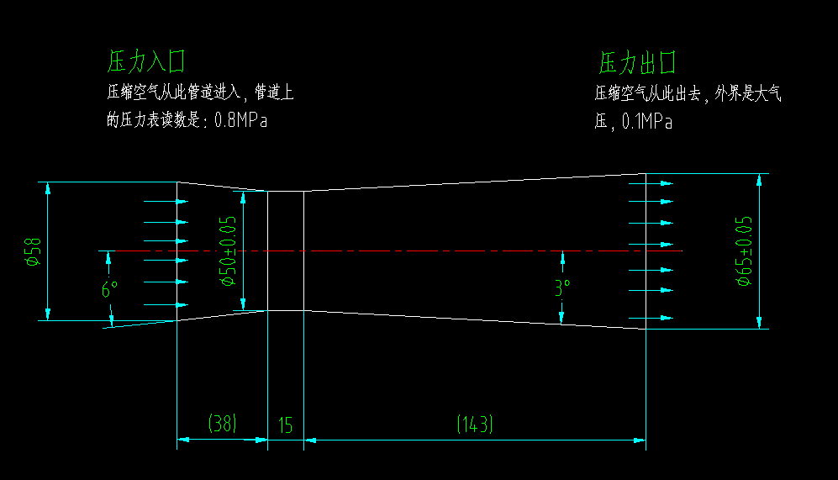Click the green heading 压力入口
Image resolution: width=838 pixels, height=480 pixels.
click(x=145, y=61)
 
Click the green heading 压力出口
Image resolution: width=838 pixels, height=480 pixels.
click(x=637, y=62)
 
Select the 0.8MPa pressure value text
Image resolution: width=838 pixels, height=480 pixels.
click(x=240, y=119)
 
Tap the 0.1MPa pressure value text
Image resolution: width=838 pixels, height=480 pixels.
click(x=646, y=122)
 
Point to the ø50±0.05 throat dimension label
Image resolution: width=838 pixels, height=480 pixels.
click(x=227, y=251)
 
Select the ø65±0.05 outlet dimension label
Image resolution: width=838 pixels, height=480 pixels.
click(x=743, y=251)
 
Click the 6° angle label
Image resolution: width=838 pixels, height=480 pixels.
click(x=109, y=290)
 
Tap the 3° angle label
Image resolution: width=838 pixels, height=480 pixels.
click(x=561, y=288)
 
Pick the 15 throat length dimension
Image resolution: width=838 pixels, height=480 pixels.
click(x=285, y=425)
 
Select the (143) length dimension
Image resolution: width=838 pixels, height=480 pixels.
click(x=474, y=425)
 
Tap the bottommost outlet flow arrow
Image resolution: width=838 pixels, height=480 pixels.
click(x=653, y=318)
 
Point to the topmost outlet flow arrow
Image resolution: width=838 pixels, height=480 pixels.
click(x=653, y=182)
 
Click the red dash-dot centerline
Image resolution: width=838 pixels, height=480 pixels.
click(x=420, y=251)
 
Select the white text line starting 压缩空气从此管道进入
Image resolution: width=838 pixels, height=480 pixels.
click(x=200, y=92)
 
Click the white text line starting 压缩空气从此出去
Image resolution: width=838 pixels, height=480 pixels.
click(x=688, y=93)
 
